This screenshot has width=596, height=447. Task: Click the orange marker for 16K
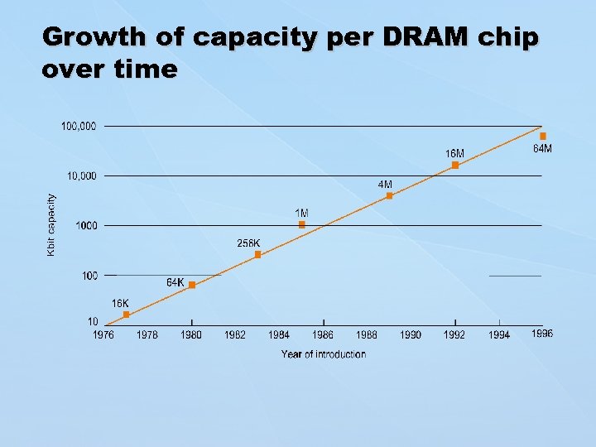coord(126,315)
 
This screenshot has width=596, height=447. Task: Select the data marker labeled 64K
coord(192,285)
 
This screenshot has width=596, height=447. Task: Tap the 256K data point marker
coord(257,255)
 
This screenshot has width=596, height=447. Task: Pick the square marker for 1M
coord(302,225)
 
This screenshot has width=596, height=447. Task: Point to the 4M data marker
coord(389,196)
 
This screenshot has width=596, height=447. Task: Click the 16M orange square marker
coord(455,166)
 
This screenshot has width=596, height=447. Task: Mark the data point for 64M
coord(543,136)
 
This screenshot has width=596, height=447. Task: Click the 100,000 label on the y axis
coord(79,126)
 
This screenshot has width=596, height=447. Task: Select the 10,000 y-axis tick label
coord(81,175)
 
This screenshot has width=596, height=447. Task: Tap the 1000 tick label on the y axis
coord(86,225)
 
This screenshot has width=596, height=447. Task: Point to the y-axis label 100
coord(89,275)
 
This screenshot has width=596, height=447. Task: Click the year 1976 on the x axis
coord(103,334)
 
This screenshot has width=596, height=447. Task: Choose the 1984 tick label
coord(279,334)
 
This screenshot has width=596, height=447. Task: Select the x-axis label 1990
coord(411,334)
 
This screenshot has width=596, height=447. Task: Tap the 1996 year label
coord(542,334)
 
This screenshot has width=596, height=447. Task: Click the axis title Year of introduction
coord(323,354)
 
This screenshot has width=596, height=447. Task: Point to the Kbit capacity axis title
coord(51,224)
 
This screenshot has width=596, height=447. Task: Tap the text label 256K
coord(248,243)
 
